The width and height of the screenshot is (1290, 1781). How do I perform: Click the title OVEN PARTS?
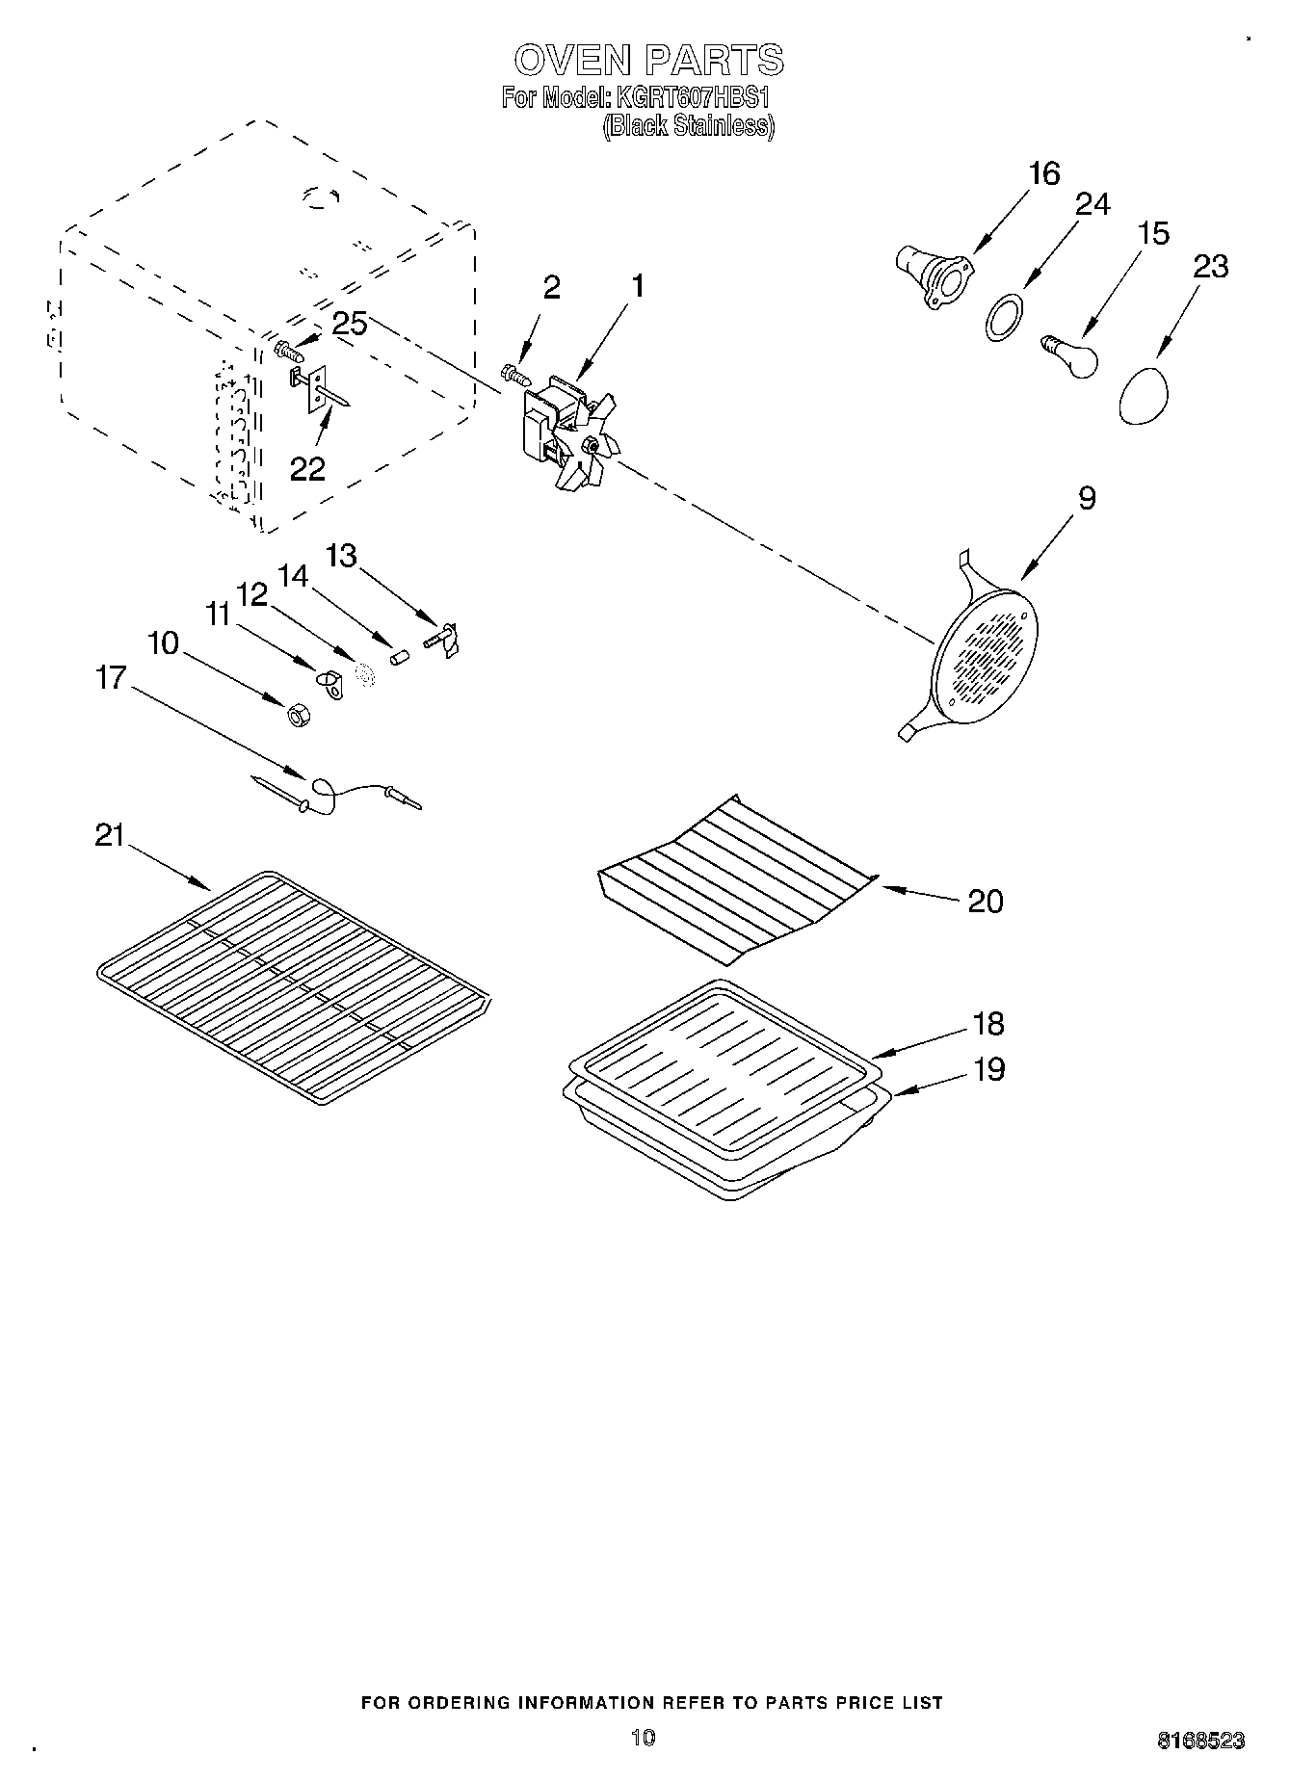pos(648,61)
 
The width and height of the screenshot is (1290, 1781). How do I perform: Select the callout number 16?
pos(1043,174)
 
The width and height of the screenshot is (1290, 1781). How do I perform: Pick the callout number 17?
pos(112,677)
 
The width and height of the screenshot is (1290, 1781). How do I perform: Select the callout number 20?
pos(985,902)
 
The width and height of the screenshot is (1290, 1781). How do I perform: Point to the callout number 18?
pos(988,1023)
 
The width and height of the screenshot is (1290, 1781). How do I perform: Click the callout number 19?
pos(988,1069)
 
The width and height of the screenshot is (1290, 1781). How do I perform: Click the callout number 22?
pos(308,468)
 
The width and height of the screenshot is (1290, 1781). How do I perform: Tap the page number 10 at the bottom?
pos(643,1737)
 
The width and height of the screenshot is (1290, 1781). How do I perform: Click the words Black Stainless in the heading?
pos(688,126)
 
